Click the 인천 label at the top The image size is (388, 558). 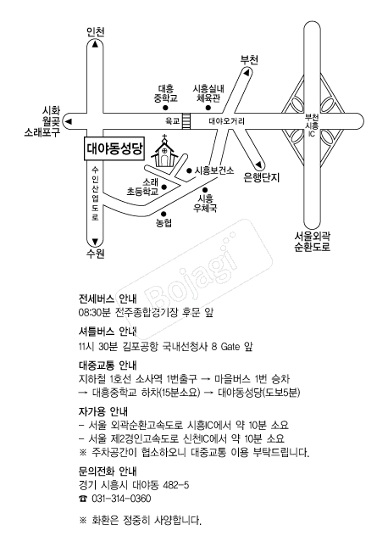(96, 32)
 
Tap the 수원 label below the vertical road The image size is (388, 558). (96, 254)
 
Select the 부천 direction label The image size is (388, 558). (249, 59)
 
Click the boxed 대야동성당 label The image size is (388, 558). (114, 148)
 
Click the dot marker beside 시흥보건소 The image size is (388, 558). (189, 170)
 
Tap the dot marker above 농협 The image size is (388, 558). (164, 214)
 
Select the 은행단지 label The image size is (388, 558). (262, 177)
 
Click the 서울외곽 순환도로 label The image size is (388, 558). (313, 242)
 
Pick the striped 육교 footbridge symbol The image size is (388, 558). (186, 121)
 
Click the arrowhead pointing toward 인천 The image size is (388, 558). (95, 44)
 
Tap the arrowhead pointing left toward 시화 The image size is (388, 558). (69, 121)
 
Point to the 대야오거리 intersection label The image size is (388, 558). (226, 122)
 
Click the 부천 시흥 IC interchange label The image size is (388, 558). (312, 126)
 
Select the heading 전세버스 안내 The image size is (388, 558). (108, 299)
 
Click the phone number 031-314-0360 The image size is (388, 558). (121, 499)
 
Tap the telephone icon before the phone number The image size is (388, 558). (83, 499)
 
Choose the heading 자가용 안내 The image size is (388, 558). (103, 412)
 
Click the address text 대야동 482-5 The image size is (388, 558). (161, 485)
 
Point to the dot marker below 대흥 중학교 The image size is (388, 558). (165, 108)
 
